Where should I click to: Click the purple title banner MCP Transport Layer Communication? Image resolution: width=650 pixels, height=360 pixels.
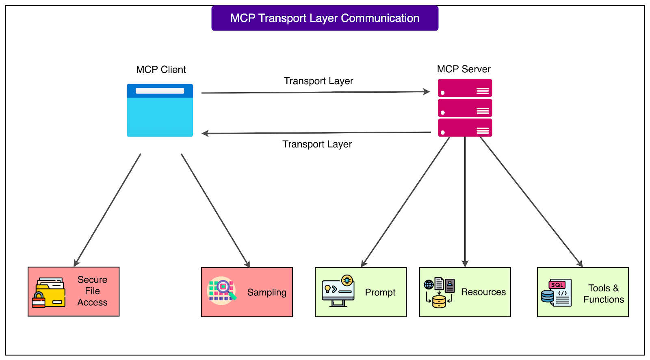(x=325, y=18)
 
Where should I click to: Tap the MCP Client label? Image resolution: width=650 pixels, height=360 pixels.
(x=161, y=69)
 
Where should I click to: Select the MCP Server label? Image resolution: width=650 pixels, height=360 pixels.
(x=464, y=69)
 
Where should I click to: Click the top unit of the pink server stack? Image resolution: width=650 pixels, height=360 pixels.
(x=465, y=88)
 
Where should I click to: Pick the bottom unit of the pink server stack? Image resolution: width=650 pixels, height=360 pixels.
(x=465, y=128)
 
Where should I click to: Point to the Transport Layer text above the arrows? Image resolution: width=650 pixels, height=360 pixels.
(x=318, y=81)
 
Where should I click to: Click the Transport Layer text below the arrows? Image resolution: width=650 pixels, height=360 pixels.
(x=317, y=144)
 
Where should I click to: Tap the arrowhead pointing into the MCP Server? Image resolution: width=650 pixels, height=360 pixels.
(x=427, y=92)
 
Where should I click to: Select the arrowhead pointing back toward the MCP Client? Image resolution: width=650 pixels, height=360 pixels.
(x=206, y=133)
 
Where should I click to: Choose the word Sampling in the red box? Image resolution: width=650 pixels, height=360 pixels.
(x=266, y=293)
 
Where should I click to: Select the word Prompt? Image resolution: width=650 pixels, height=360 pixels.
(x=380, y=293)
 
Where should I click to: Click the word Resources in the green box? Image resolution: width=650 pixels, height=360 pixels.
(x=483, y=292)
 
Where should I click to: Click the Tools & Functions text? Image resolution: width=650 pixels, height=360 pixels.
(x=603, y=294)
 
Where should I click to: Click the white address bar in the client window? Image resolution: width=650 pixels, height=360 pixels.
(x=160, y=91)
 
